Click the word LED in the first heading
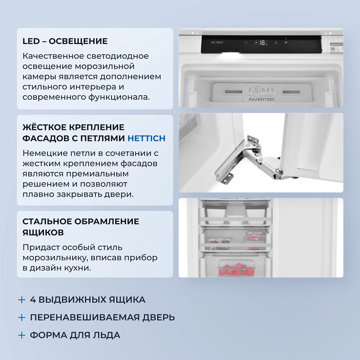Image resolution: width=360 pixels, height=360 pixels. (x=31, y=41)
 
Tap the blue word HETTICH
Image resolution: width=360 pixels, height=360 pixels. (x=147, y=138)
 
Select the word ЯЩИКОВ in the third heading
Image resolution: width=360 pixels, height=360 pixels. (x=43, y=233)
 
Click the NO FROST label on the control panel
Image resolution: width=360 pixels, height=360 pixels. (x=217, y=42)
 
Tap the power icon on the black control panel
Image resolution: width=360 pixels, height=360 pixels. (x=246, y=42)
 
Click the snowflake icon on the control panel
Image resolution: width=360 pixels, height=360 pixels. (x=286, y=42)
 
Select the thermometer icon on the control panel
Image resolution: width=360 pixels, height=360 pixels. (x=276, y=42)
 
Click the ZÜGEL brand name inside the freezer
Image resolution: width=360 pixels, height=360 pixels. (x=261, y=89)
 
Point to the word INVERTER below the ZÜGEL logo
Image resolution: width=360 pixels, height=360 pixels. (x=261, y=99)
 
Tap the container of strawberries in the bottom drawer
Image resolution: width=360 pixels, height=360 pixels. (x=236, y=270)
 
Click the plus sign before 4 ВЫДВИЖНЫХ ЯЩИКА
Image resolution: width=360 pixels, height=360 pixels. (x=22, y=300)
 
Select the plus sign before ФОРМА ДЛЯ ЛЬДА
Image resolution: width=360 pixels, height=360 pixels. (x=22, y=335)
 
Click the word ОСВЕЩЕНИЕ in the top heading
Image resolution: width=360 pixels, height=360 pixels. (x=78, y=41)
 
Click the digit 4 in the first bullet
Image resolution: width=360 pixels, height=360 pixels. (x=32, y=300)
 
